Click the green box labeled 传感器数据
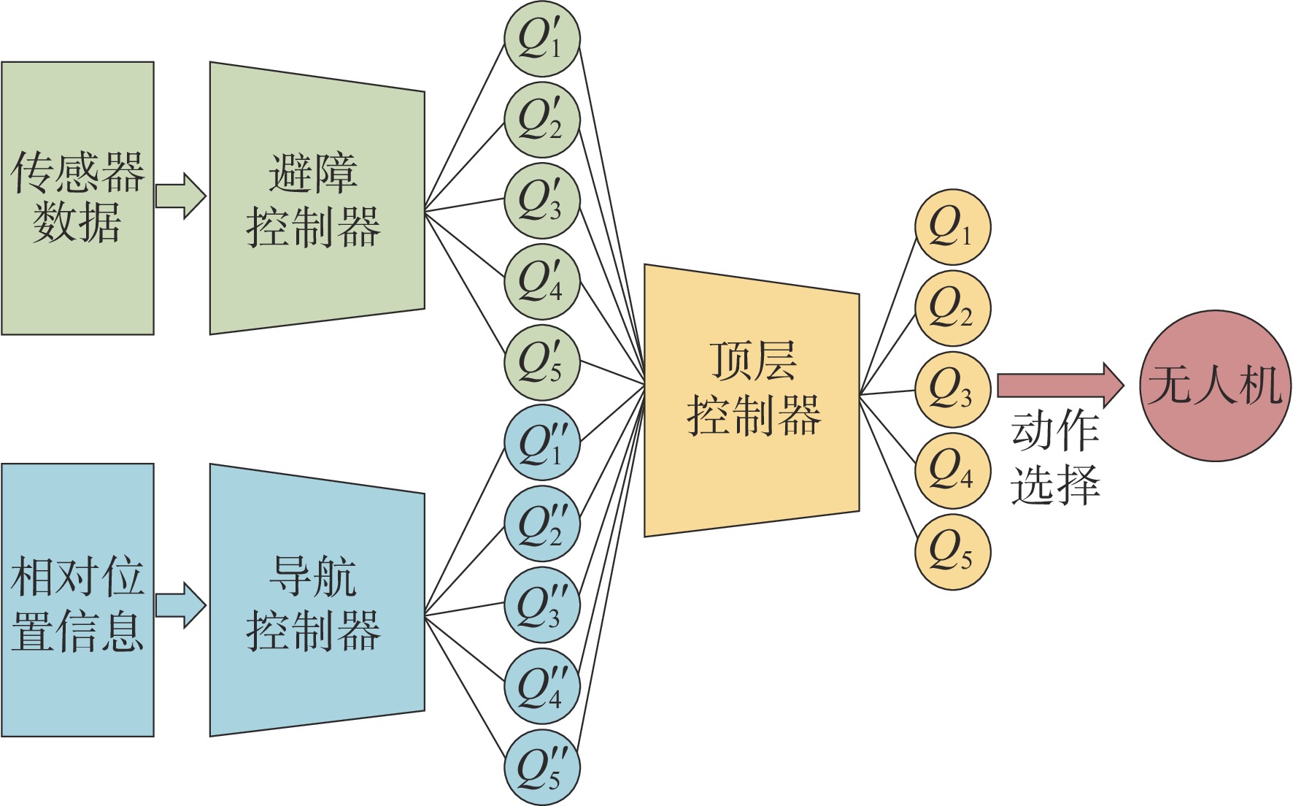click(x=77, y=198)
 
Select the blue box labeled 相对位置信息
click(x=77, y=600)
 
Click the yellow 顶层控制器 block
click(x=752, y=400)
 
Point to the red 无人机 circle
click(x=1215, y=386)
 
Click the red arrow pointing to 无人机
click(x=1060, y=385)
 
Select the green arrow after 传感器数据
click(x=180, y=196)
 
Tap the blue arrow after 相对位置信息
click(x=180, y=604)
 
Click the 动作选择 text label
click(x=1055, y=457)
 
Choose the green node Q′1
click(x=541, y=39)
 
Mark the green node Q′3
click(x=541, y=201)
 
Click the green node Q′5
click(x=541, y=363)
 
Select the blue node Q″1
click(x=541, y=443)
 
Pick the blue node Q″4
click(x=541, y=686)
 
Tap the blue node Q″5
click(x=541, y=767)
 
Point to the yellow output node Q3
click(x=952, y=390)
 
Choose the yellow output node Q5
click(x=952, y=552)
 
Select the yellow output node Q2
click(x=952, y=308)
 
